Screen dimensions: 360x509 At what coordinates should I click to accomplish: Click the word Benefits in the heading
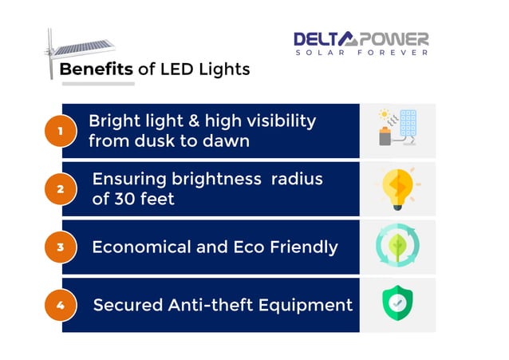[97, 69]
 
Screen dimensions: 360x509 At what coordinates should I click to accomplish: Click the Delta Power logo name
[361, 39]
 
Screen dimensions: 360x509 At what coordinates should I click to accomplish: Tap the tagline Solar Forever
[361, 53]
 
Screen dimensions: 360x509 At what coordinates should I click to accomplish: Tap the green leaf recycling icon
[397, 247]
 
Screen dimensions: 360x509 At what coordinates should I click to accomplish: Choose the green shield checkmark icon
[397, 304]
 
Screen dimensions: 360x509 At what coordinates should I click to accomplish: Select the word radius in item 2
[296, 179]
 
